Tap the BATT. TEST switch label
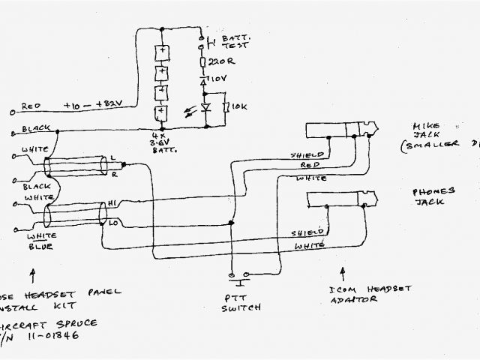pos(223,40)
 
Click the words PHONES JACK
pos(427,196)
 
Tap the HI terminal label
pos(112,204)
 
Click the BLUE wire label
pos(32,247)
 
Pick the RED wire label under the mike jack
pos(310,165)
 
